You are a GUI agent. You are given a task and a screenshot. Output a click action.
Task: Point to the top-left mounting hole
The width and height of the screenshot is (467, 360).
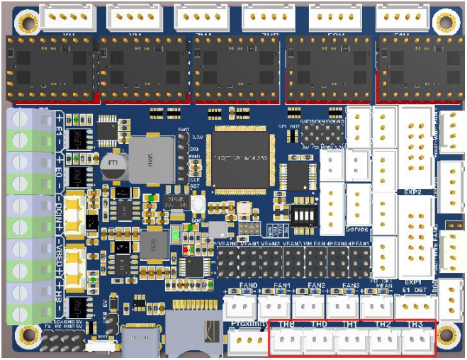click(x=28, y=22)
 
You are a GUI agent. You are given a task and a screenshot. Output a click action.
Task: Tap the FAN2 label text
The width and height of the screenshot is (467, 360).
click(x=316, y=286)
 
